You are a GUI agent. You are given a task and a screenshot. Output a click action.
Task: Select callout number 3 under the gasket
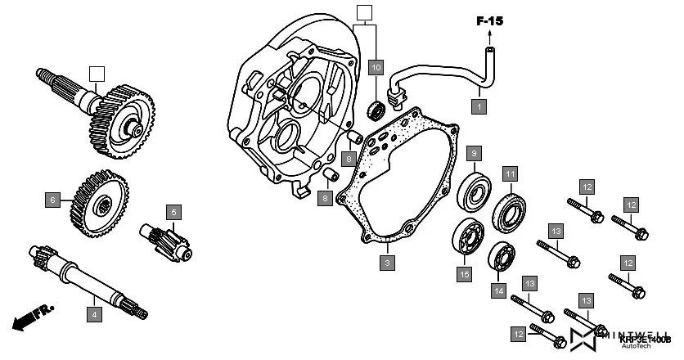[387, 263]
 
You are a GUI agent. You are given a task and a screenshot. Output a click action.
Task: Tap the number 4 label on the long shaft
[94, 313]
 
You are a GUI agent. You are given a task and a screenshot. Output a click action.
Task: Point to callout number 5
[173, 212]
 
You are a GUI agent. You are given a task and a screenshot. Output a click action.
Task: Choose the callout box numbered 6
[52, 199]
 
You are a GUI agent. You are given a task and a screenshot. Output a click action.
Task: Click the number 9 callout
[474, 152]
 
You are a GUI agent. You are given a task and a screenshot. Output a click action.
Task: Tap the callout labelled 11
[510, 173]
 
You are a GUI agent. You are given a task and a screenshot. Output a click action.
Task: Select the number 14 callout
[497, 289]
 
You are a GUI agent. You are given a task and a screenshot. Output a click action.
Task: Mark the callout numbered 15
[464, 275]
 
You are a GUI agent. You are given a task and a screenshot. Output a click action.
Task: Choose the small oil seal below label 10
[379, 107]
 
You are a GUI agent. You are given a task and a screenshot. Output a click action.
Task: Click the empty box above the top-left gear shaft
[97, 73]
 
